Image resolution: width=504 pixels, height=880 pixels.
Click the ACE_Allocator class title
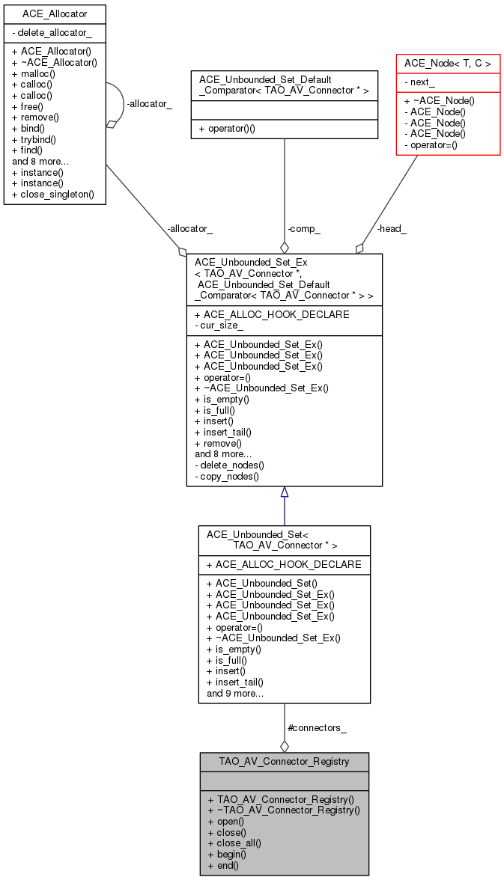[x=54, y=13]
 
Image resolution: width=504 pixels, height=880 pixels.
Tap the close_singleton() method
[x=53, y=194]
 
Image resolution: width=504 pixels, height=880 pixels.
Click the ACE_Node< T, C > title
[x=447, y=64]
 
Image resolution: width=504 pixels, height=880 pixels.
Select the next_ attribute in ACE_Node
[x=425, y=82]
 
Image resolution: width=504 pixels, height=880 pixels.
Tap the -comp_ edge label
[x=304, y=229]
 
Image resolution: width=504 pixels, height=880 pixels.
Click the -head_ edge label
[x=391, y=229]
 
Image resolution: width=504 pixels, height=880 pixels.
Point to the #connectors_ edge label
[x=316, y=727]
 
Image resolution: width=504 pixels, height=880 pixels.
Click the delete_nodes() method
[x=229, y=465]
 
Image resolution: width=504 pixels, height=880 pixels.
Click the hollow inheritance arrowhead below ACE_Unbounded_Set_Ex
[x=285, y=492]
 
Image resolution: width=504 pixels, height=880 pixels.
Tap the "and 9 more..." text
[x=234, y=693]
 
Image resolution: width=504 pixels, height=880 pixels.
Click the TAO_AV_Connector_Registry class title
[x=284, y=762]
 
